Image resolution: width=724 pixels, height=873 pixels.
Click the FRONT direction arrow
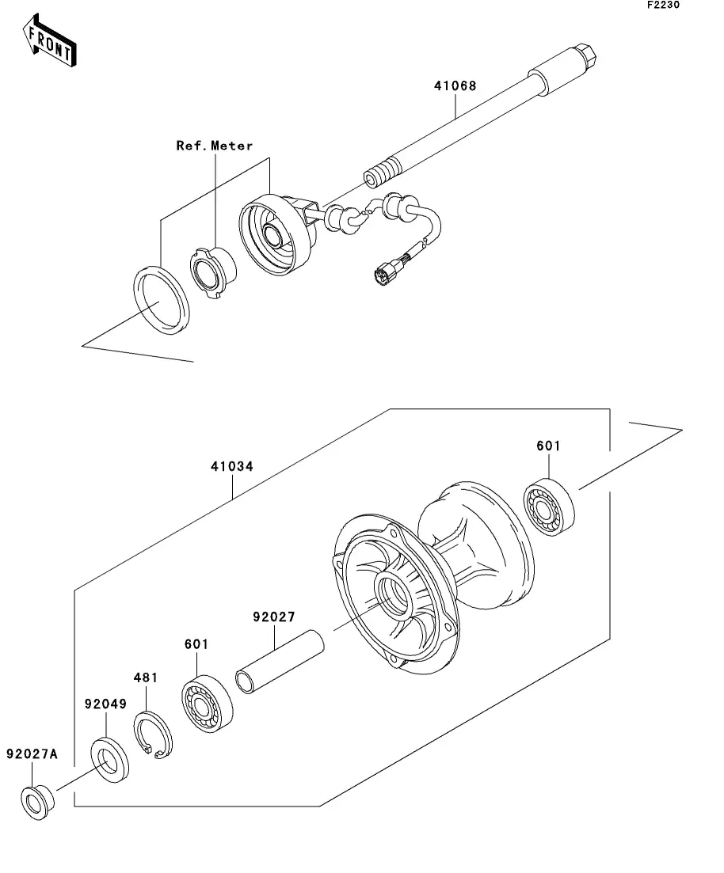click(50, 40)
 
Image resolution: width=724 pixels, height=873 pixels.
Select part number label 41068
click(455, 85)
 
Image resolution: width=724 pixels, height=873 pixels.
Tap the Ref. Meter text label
click(215, 146)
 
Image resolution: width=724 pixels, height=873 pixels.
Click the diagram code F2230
click(663, 5)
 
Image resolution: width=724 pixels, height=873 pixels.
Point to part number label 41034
click(232, 466)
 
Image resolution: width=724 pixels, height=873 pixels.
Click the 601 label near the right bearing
click(548, 446)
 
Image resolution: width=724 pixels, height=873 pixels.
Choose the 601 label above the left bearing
click(196, 644)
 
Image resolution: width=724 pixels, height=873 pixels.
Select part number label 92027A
click(32, 753)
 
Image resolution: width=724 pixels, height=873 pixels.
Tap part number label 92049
click(105, 704)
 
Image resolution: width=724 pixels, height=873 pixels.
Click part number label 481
click(146, 678)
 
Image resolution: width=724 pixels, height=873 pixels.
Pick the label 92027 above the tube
click(273, 617)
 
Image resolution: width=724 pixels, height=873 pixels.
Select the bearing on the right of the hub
click(549, 507)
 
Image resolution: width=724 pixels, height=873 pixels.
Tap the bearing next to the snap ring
click(208, 703)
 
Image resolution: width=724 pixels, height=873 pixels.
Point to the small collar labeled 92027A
click(37, 803)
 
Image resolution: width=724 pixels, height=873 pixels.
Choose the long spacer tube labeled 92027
click(280, 662)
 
